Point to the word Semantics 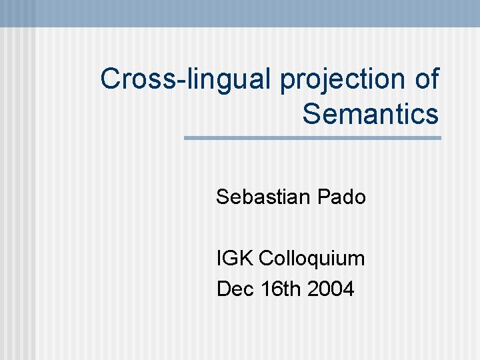371,113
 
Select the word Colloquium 312,259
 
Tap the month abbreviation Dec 232,289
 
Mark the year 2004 331,289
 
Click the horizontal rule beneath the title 312,138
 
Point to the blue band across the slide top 240,13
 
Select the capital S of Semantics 313,113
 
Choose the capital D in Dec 223,289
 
